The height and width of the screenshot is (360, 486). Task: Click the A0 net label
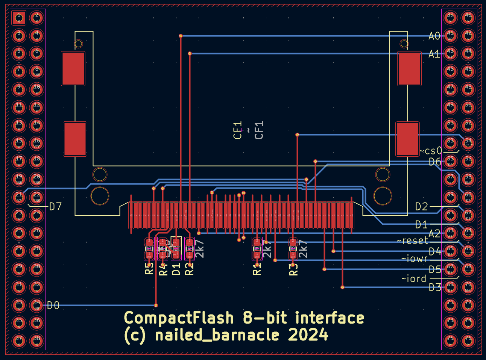(434, 36)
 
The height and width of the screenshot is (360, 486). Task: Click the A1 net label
(434, 54)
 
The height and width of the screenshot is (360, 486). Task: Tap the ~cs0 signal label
(431, 151)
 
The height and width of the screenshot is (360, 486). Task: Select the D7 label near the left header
(55, 206)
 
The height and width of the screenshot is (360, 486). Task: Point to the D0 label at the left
(53, 306)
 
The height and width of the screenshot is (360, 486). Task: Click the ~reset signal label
(413, 240)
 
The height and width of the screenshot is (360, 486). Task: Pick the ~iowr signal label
(415, 259)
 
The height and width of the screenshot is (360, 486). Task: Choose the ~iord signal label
(414, 278)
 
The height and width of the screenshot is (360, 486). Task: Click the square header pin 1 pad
(18, 17)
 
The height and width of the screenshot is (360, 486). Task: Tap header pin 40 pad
(468, 17)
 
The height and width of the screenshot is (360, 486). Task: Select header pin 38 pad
(36, 341)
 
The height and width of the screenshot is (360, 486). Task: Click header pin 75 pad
(450, 341)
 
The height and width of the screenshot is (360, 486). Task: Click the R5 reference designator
(149, 269)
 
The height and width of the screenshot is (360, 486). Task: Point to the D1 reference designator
(176, 269)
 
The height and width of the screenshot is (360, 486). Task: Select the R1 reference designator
(257, 269)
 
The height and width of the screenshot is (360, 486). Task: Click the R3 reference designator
(293, 269)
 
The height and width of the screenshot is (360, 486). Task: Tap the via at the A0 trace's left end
(181, 36)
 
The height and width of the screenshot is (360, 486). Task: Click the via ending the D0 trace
(156, 306)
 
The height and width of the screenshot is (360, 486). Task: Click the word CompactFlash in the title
(179, 318)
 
